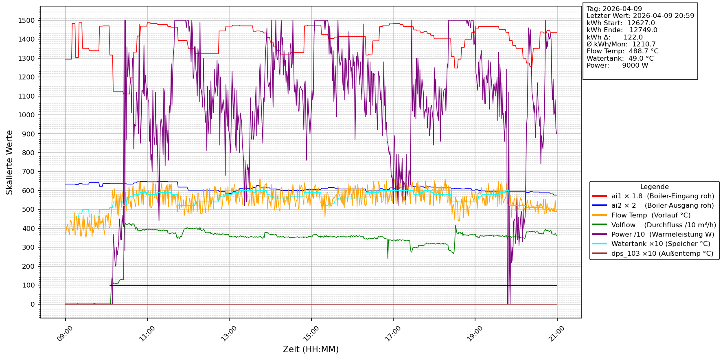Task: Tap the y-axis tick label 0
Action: [33, 304]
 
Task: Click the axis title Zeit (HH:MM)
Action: [311, 349]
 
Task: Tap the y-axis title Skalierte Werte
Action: [10, 162]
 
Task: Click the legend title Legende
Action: [654, 187]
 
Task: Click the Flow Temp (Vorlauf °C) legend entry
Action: [651, 215]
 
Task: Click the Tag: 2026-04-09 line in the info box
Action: [614, 9]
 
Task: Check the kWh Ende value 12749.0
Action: [643, 30]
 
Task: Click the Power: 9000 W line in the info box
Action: [617, 66]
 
